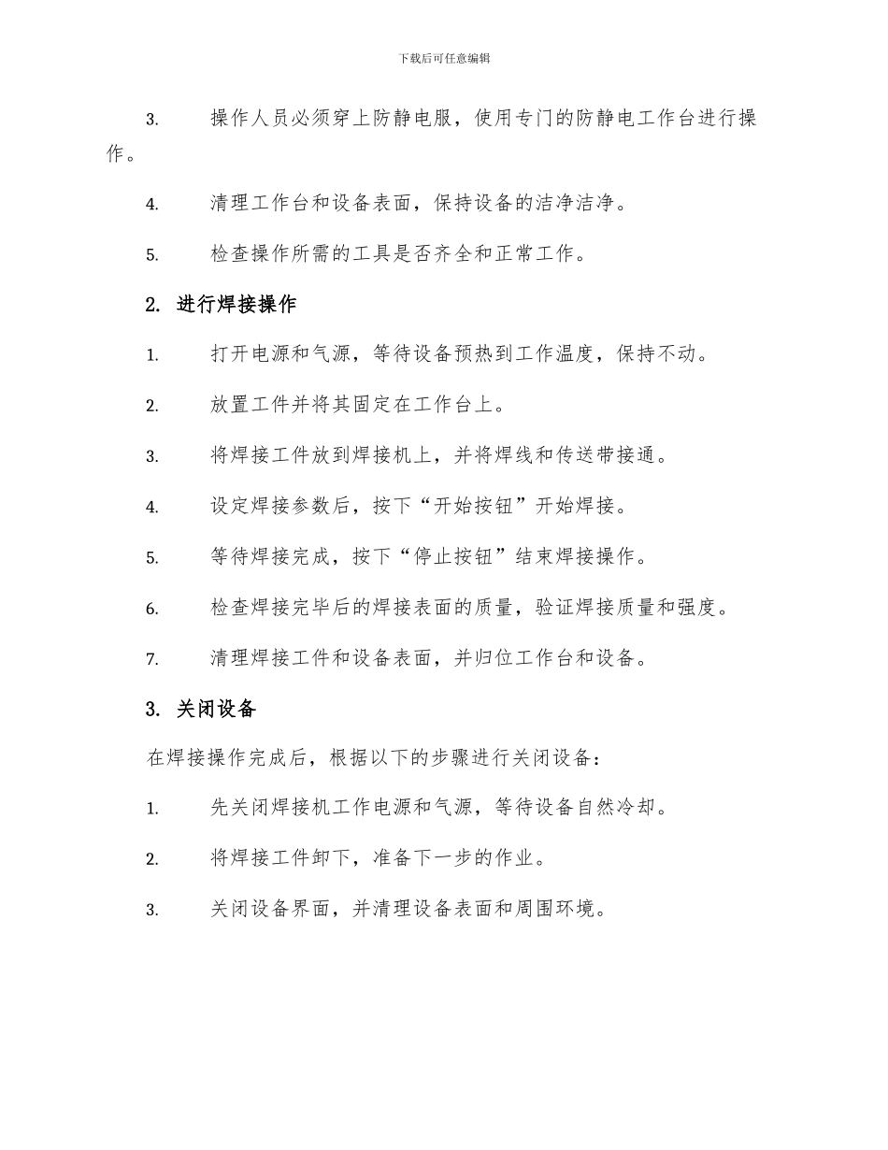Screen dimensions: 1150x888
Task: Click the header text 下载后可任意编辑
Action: [x=444, y=58]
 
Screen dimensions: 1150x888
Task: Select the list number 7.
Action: [x=151, y=659]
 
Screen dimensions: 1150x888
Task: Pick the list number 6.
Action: [x=151, y=609]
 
